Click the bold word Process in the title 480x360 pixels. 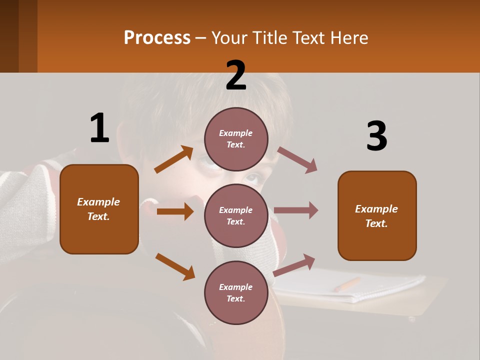(157, 38)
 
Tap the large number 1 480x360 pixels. (99, 128)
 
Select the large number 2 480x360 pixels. (236, 75)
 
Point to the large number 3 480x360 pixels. (376, 136)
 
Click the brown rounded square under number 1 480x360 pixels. (99, 209)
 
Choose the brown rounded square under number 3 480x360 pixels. (377, 216)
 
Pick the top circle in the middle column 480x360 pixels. (236, 139)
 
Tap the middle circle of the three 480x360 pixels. (236, 215)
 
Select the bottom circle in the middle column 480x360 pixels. (236, 292)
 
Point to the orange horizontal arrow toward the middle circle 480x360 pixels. (174, 211)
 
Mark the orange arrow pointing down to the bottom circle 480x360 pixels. (175, 266)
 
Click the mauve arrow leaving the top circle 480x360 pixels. (297, 160)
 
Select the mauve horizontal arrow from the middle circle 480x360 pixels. (295, 210)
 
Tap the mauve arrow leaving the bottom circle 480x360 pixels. (294, 265)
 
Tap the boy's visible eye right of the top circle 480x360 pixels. (253, 177)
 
